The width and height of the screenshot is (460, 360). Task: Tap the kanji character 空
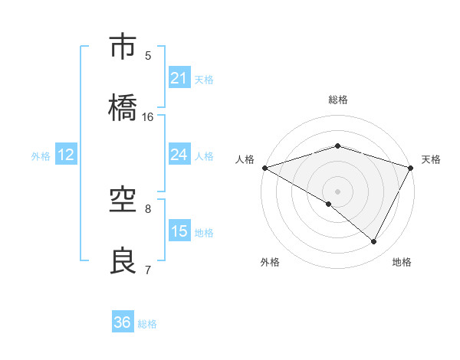(x=123, y=200)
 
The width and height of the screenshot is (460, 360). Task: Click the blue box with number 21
(x=179, y=78)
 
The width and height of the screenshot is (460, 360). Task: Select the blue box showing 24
(x=179, y=155)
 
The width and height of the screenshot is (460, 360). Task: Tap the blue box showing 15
(x=179, y=231)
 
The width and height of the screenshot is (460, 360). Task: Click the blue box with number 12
(x=66, y=155)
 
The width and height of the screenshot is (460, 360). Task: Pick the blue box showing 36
(x=123, y=322)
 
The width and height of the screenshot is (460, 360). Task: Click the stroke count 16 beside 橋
(x=148, y=116)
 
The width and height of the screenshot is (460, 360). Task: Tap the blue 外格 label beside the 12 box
(x=41, y=155)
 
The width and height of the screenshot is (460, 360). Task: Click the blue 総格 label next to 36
(x=147, y=324)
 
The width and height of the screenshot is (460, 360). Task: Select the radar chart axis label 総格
(x=338, y=100)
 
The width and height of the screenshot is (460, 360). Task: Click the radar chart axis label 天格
(x=432, y=159)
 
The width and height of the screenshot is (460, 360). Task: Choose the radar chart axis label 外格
(x=269, y=262)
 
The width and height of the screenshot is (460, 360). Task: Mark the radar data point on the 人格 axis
(x=264, y=168)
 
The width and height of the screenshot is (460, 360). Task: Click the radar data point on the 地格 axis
(x=374, y=242)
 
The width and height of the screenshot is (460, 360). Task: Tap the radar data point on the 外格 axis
(x=329, y=204)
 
